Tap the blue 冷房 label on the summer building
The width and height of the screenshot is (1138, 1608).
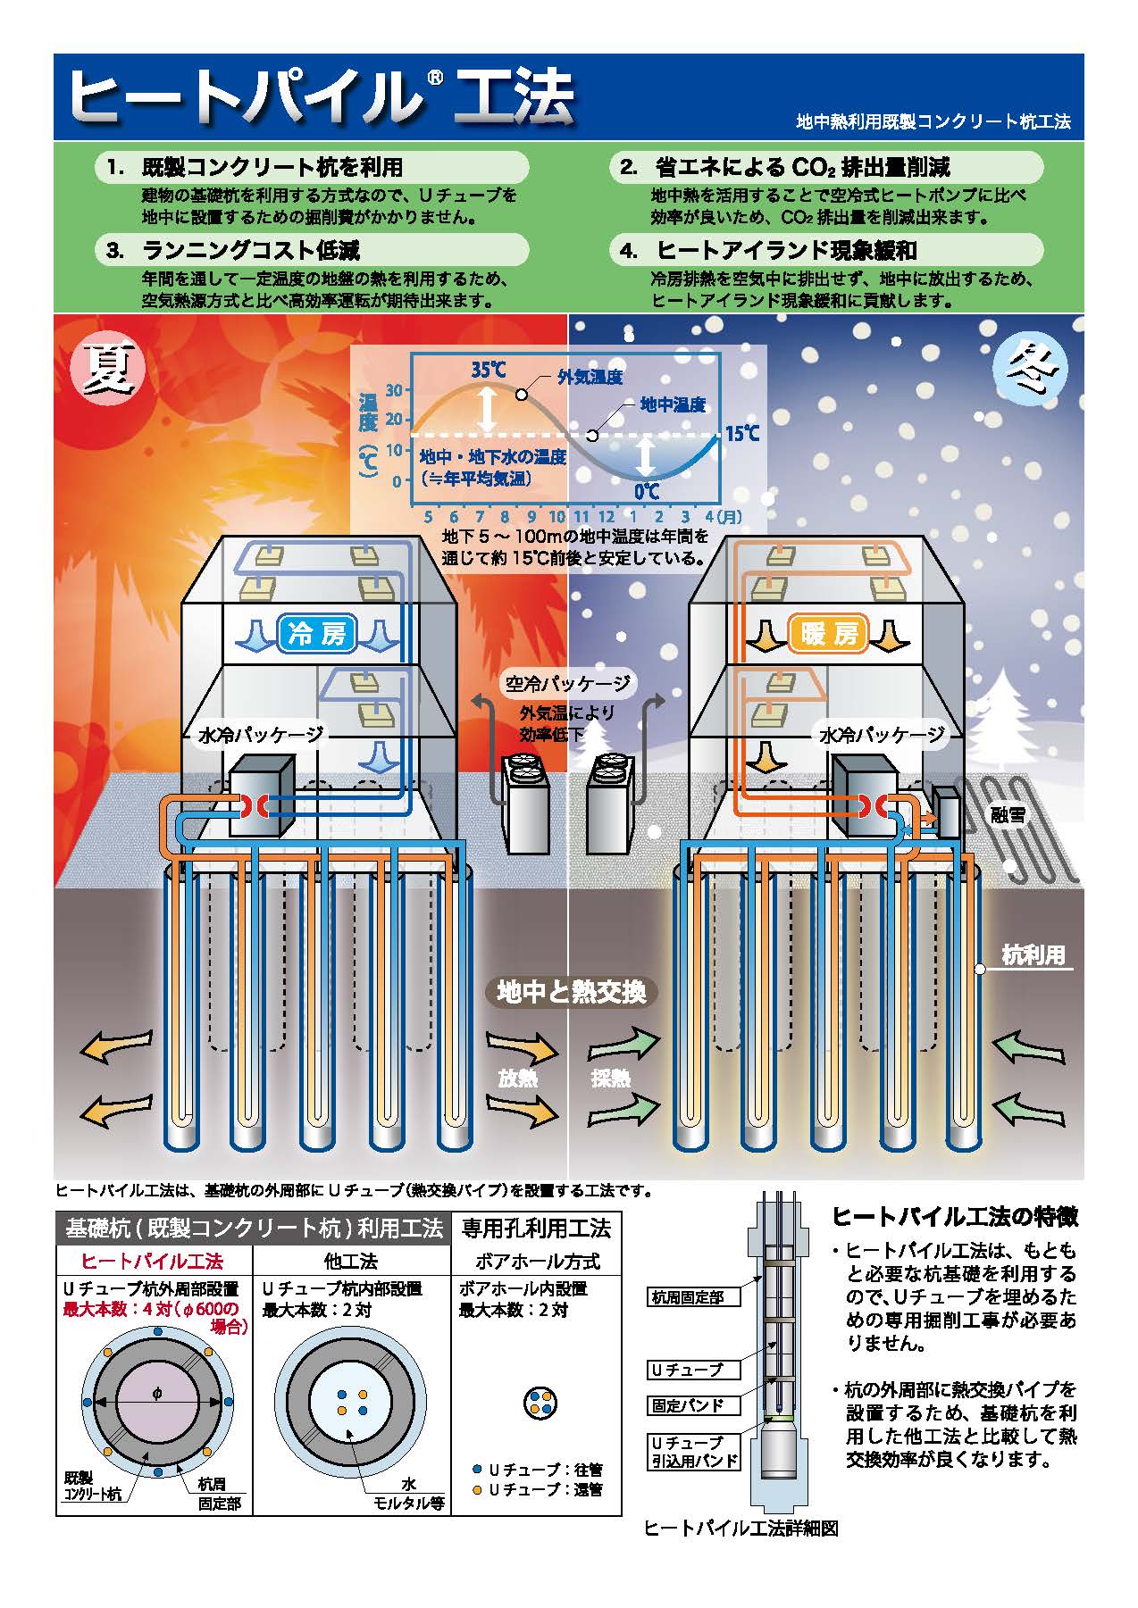coord(316,634)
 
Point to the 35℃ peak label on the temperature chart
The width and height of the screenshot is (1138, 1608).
coord(489,370)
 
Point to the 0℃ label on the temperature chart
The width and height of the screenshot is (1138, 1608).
coord(646,491)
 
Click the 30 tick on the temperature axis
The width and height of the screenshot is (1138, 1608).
coord(394,390)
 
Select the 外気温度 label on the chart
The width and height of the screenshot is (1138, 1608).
coord(589,378)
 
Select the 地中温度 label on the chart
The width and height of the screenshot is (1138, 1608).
coord(672,405)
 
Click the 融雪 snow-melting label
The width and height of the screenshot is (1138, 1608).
coord(1008,815)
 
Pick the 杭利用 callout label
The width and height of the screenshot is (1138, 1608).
coord(1033,955)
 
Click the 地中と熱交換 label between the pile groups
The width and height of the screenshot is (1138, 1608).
coord(570,991)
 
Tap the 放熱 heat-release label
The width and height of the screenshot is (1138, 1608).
coord(518,1078)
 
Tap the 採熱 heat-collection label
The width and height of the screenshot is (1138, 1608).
coord(611,1078)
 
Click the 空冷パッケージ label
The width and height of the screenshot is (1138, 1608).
coord(567,684)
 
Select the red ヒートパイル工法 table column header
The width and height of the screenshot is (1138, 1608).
coord(153,1261)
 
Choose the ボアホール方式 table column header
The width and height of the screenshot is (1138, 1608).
coord(536,1261)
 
